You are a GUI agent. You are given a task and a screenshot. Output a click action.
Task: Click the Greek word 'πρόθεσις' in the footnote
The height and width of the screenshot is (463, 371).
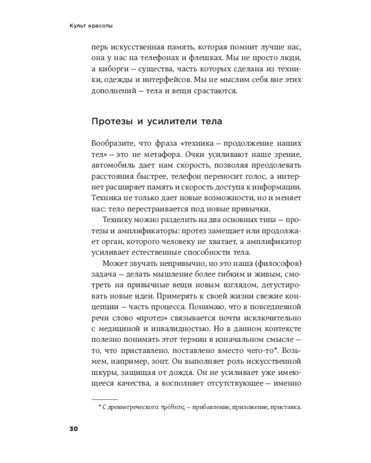pos(173,407)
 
